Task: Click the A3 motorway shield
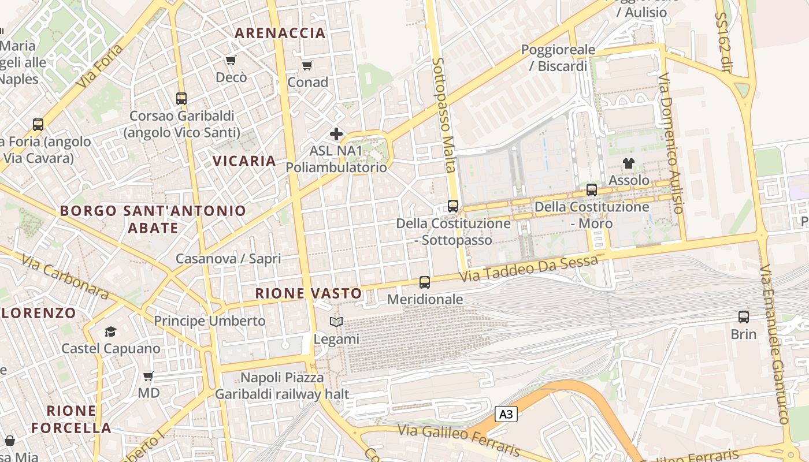[x=506, y=414]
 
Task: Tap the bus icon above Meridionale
[x=425, y=282]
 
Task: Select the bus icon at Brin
[x=744, y=317]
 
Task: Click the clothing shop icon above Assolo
[x=629, y=163]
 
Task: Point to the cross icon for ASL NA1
[x=336, y=135]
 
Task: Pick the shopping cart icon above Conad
[x=307, y=65]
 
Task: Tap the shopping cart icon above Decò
[x=231, y=61]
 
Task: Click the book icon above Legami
[x=336, y=322]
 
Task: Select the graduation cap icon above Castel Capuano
[x=110, y=331]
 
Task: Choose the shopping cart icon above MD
[x=149, y=377]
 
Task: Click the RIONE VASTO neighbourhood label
[x=309, y=293]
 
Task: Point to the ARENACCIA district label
[x=280, y=33]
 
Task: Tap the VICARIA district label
[x=244, y=161]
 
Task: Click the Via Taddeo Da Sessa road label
[x=529, y=269]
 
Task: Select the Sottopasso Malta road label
[x=444, y=114]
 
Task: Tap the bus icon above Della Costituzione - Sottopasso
[x=453, y=206]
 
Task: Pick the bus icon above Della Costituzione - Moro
[x=592, y=189]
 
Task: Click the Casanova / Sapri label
[x=228, y=259]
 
